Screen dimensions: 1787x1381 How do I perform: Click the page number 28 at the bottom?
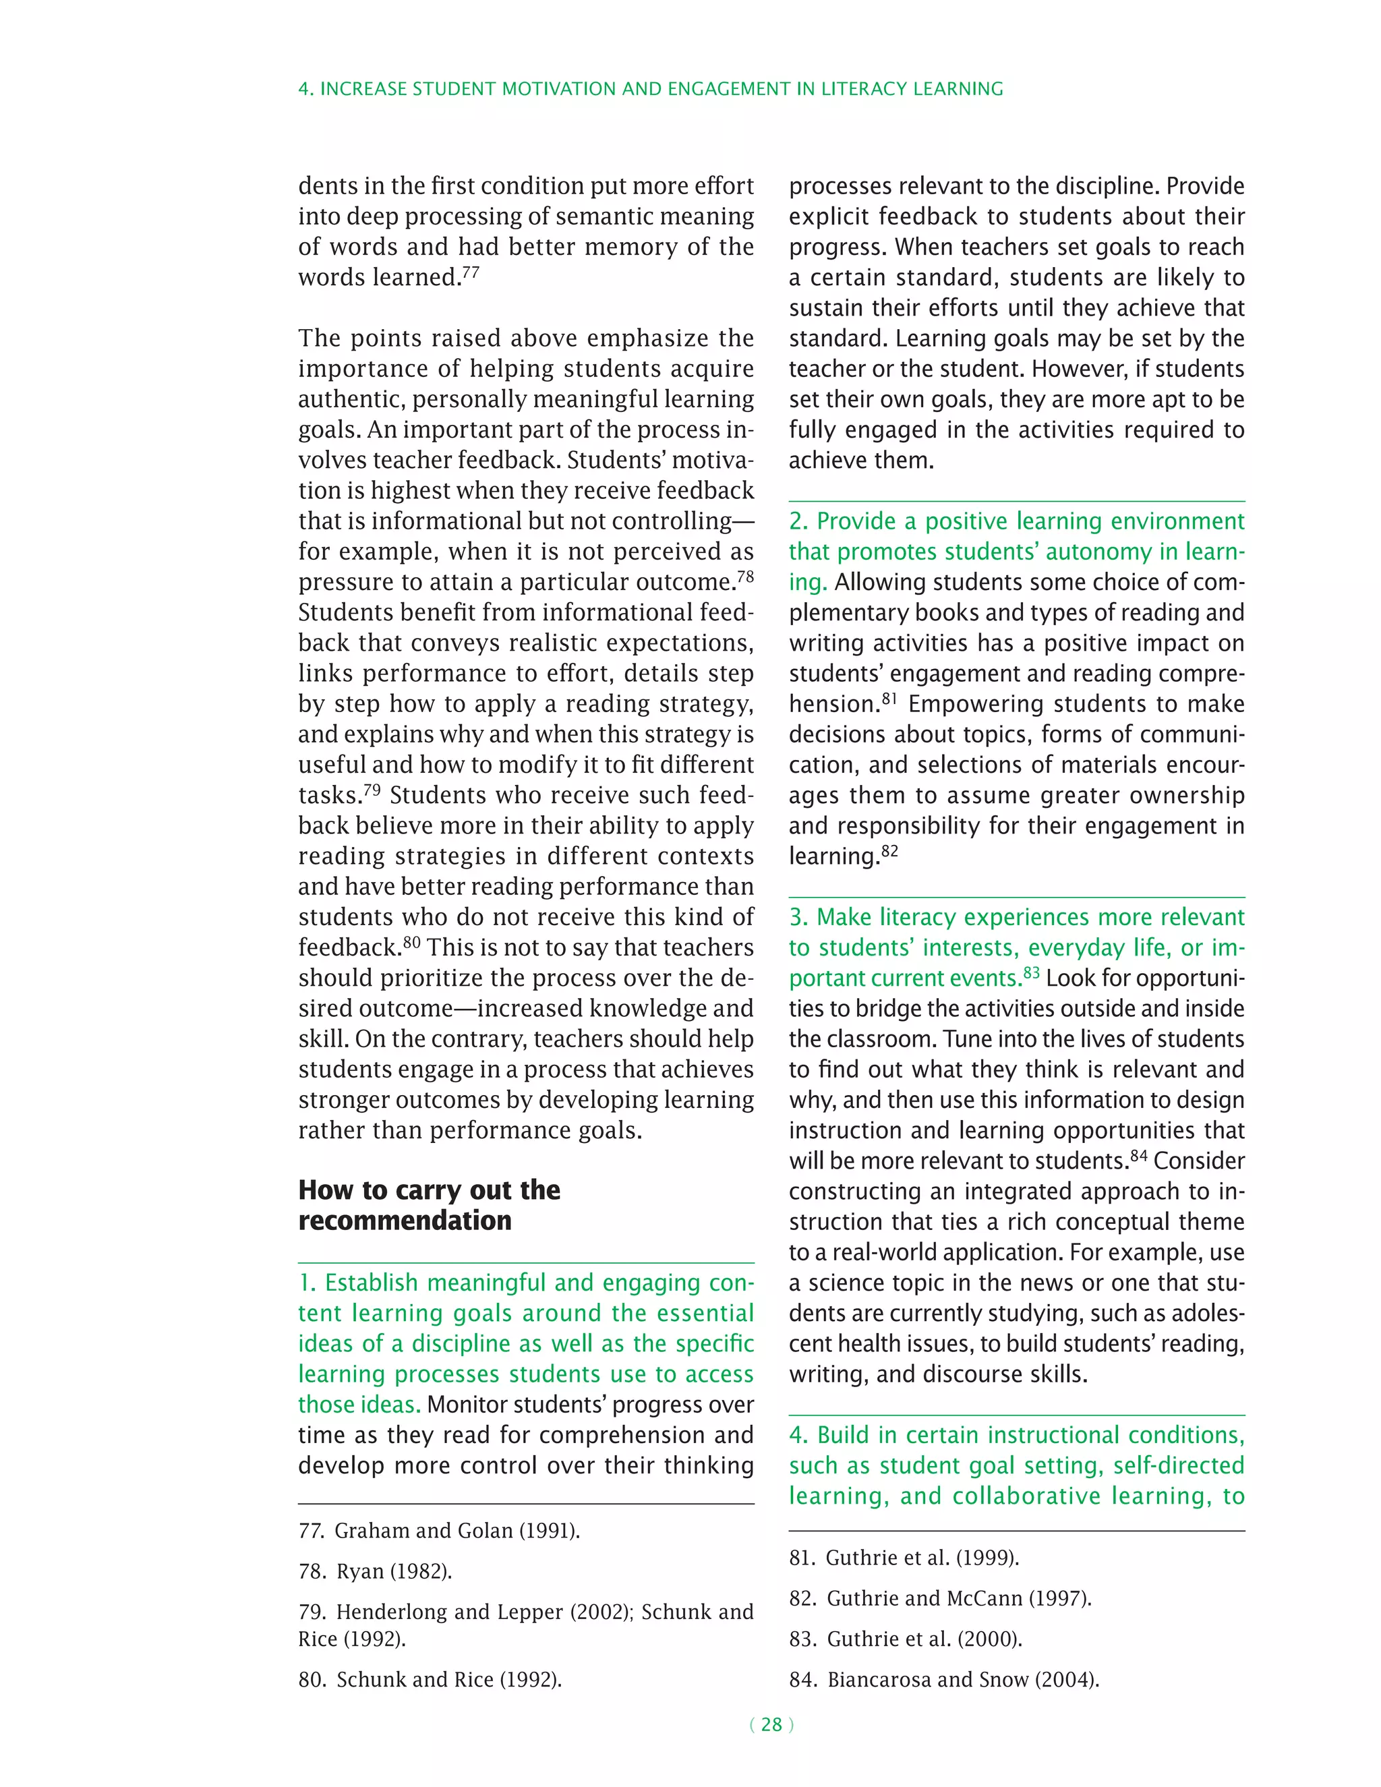pyautogui.click(x=771, y=1724)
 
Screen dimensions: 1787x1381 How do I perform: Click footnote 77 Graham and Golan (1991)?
pyautogui.click(x=440, y=1530)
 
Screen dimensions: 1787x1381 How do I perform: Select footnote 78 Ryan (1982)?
pyautogui.click(x=376, y=1571)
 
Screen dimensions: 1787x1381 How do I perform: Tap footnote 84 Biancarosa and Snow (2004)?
pyautogui.click(x=944, y=1679)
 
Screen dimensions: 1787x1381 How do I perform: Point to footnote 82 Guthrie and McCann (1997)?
pyautogui.click(x=940, y=1598)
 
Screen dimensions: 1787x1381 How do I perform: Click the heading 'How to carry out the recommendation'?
pyautogui.click(x=429, y=1204)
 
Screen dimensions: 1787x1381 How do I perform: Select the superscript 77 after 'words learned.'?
pyautogui.click(x=471, y=272)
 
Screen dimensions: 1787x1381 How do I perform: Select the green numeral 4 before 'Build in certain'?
pyautogui.click(x=797, y=1435)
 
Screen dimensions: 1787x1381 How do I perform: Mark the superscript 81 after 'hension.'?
pyautogui.click(x=889, y=699)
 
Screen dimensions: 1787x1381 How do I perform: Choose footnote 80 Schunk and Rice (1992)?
pyautogui.click(x=430, y=1679)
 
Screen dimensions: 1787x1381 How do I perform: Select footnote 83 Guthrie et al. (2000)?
pyautogui.click(x=906, y=1639)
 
